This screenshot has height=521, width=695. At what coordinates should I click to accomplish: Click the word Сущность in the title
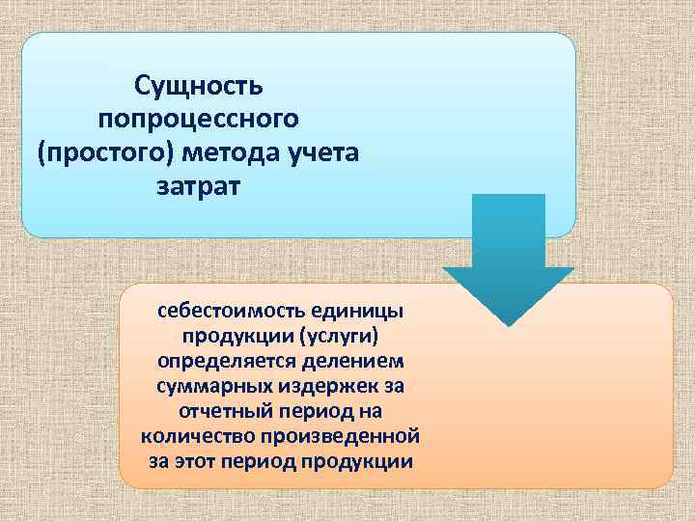(198, 86)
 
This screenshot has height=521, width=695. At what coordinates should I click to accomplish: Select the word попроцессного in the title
(198, 119)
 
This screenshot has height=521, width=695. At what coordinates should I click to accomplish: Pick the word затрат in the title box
(198, 184)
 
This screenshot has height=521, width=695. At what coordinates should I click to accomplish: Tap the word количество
(194, 437)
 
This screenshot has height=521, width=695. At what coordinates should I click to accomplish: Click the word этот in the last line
(196, 461)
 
